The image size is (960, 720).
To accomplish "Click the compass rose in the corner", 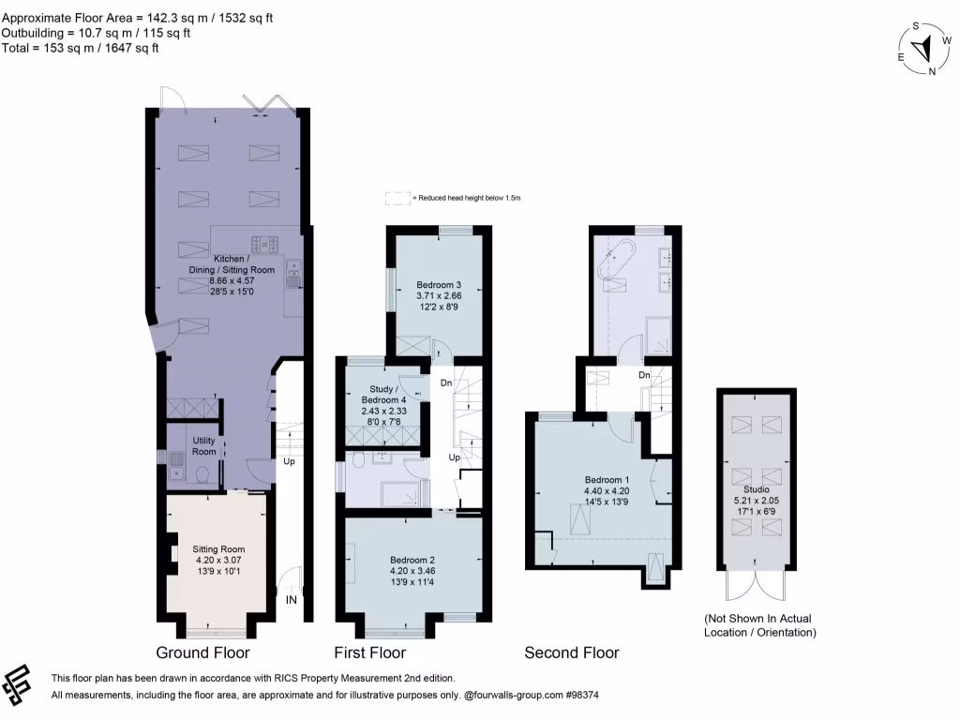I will pos(923,50).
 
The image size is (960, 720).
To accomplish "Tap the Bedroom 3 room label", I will pos(439,284).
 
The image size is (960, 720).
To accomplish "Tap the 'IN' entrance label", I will pos(292,599).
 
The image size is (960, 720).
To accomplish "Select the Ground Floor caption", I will pos(202,652).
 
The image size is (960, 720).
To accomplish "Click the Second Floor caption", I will pos(571,652).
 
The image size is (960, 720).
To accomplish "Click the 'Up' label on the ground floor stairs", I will pos(292,462).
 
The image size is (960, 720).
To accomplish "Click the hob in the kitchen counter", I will pos(260,245).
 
